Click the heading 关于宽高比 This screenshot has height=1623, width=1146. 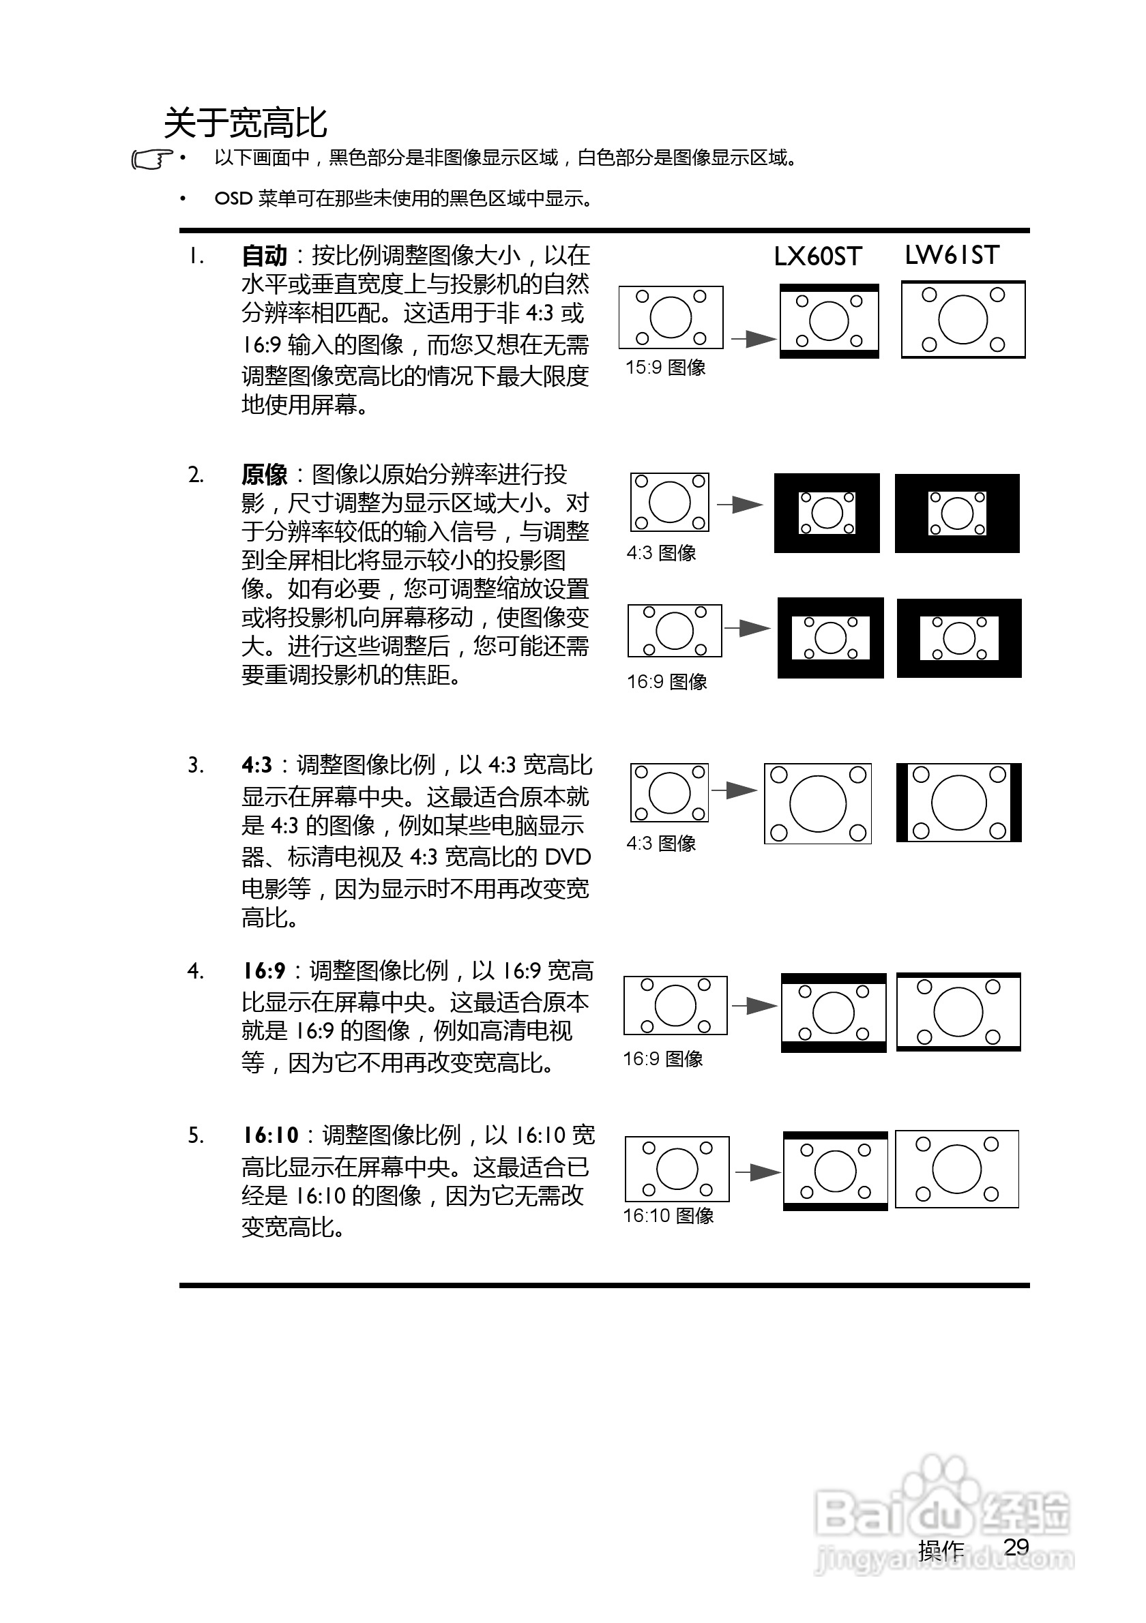tap(246, 123)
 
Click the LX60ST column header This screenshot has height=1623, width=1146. tap(817, 256)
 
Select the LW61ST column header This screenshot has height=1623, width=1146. tap(952, 255)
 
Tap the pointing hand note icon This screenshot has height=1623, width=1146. tap(151, 160)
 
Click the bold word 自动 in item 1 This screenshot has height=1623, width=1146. tap(265, 256)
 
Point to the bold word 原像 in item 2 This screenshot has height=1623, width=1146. tap(265, 475)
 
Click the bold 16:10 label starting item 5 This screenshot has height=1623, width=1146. tap(271, 1135)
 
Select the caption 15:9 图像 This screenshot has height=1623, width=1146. tap(665, 368)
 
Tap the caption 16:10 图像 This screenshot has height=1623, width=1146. tap(668, 1215)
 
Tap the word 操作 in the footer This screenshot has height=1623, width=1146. tap(940, 1550)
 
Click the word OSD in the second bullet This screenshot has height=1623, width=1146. tap(233, 198)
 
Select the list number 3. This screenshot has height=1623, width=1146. tap(195, 766)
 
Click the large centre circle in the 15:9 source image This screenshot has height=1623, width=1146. tap(671, 317)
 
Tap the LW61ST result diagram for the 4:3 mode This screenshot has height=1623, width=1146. tap(958, 803)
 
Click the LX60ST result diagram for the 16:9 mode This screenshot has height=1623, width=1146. tap(834, 1012)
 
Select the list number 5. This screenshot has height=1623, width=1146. tap(195, 1136)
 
